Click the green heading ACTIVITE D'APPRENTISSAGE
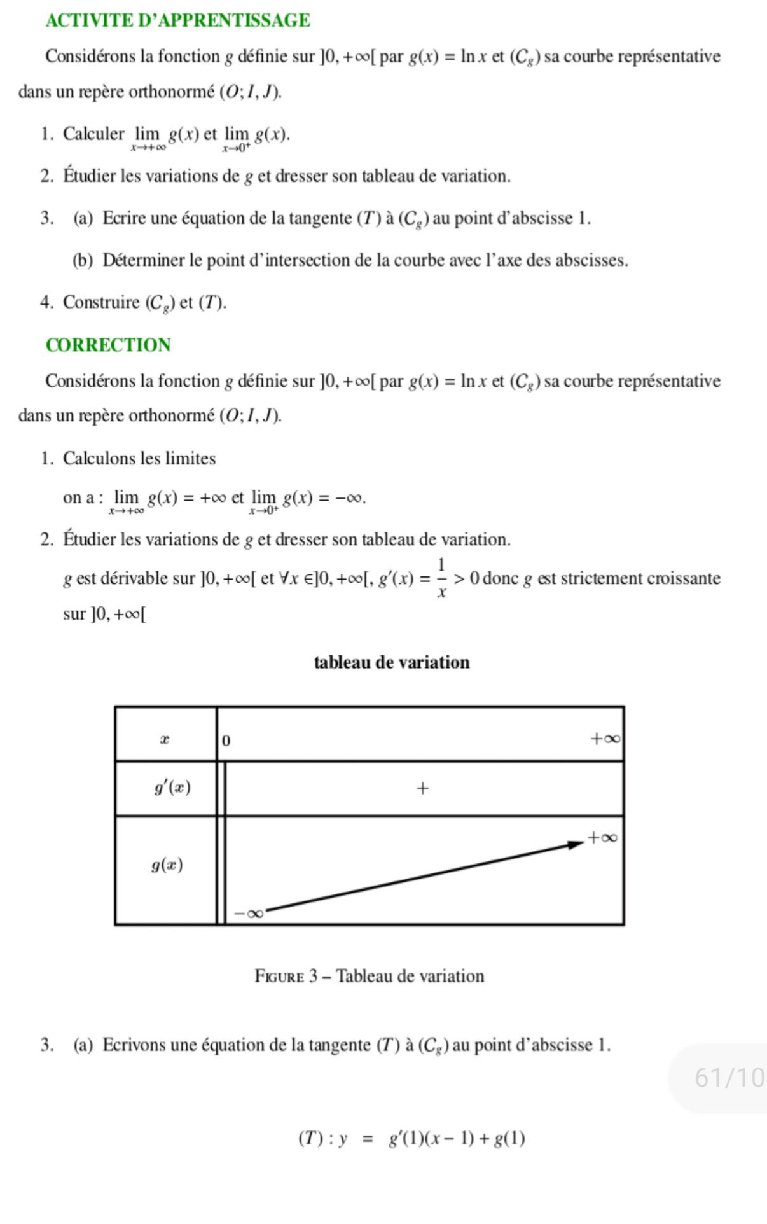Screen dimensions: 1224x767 [177, 20]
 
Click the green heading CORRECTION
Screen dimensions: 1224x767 [108, 345]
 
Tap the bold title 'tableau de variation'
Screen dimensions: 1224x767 [392, 662]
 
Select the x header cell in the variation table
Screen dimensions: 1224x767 [165, 739]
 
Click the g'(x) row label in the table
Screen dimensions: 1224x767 [172, 788]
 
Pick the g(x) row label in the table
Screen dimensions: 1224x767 [167, 865]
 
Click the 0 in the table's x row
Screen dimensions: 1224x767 [227, 741]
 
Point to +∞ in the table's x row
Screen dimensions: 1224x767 [604, 739]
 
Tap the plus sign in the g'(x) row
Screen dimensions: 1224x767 [422, 789]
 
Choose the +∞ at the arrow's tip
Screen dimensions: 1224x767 [602, 837]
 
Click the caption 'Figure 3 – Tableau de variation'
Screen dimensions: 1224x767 [369, 976]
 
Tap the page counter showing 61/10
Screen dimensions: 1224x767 [728, 1078]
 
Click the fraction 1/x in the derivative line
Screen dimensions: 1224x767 [441, 578]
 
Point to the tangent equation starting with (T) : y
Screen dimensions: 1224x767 [411, 1138]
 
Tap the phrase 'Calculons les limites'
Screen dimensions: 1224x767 [139, 459]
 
